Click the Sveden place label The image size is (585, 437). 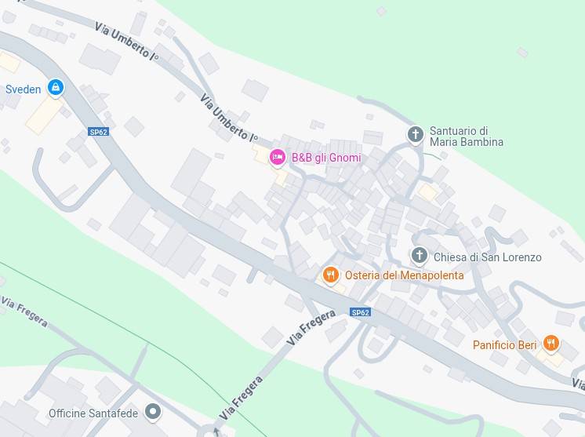click(23, 89)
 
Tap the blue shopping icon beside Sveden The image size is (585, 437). click(55, 88)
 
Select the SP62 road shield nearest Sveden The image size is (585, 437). click(98, 132)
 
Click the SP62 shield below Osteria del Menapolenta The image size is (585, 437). click(360, 312)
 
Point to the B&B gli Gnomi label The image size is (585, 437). click(326, 158)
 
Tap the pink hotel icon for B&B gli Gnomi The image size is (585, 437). click(277, 158)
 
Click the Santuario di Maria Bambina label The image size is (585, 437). click(467, 137)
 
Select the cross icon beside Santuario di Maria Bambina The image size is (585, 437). click(416, 135)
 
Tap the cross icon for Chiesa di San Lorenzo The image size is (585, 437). click(420, 256)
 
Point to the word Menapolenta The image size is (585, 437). click(432, 275)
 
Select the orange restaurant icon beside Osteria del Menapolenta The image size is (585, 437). click(331, 275)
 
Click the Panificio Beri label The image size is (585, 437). click(504, 345)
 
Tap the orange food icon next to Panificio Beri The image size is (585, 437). click(551, 344)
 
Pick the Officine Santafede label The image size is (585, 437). click(93, 413)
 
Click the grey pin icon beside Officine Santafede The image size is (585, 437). click(154, 411)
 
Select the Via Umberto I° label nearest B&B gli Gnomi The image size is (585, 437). click(229, 118)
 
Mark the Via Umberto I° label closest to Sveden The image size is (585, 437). click(127, 42)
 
